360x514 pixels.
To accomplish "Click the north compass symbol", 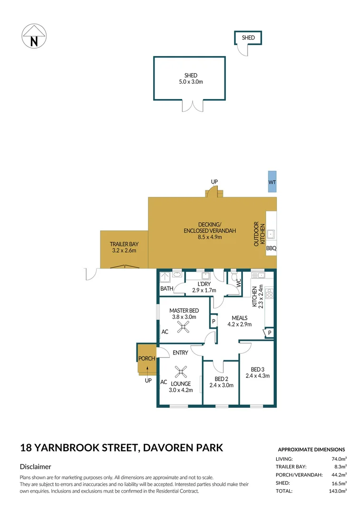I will [34, 36].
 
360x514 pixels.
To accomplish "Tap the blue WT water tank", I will [272, 181].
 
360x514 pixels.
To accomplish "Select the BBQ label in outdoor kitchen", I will [271, 248].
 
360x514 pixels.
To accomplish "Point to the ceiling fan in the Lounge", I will [181, 372].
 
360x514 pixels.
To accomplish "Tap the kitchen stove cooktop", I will [269, 293].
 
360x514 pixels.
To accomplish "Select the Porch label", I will [146, 358].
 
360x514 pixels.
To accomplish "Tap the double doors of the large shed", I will [192, 105].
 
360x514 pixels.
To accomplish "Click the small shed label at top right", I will [248, 38].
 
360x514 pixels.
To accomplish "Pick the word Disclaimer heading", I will [36, 467].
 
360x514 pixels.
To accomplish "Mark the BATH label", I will [167, 288].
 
